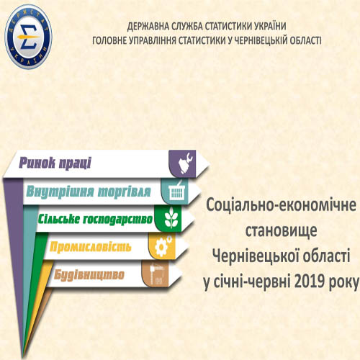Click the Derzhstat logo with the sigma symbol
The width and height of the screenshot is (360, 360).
tap(28, 37)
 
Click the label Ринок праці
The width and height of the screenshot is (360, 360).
tap(55, 163)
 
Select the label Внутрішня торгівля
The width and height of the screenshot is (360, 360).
tap(89, 192)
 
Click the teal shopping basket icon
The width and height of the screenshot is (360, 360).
tap(177, 192)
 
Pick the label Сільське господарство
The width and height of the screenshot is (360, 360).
tap(95, 220)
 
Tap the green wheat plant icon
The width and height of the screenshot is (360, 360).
tap(171, 219)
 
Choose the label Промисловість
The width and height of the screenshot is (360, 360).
tap(91, 247)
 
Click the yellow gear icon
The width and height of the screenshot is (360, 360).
tap(163, 246)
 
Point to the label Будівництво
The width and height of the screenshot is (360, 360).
tap(89, 274)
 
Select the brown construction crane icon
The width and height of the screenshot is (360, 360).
tap(156, 274)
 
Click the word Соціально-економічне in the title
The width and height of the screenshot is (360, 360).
tap(281, 204)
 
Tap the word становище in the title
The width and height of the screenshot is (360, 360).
tap(281, 230)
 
